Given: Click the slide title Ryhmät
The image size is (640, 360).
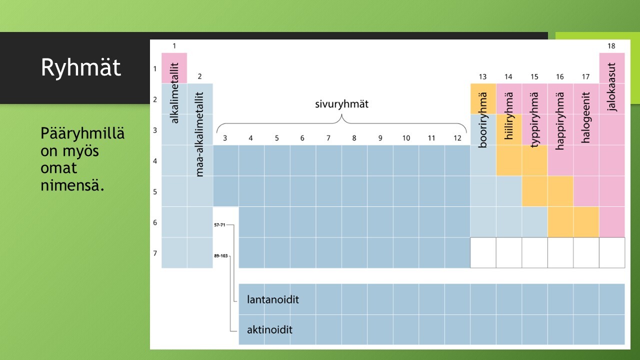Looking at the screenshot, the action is tap(81, 67).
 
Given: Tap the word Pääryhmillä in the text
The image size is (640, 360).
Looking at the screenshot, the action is tap(82, 133).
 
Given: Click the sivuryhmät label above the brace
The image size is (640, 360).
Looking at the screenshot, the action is tap(341, 104).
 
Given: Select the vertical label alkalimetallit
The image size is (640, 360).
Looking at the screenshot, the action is tap(174, 93).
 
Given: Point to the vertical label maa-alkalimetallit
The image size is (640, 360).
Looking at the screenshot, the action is tap(199, 134).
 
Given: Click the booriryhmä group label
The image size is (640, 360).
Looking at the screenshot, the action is tap(482, 119).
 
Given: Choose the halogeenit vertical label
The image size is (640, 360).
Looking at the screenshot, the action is tap(585, 117).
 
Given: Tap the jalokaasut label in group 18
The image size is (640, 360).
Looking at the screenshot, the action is tap(611, 87).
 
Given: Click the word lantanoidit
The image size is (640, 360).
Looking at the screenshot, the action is tap(273, 299).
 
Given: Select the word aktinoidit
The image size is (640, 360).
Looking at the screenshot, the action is tap(269, 330).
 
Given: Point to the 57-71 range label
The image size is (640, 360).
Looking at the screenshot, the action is tap(219, 225).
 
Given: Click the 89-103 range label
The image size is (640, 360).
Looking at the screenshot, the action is tap(221, 255).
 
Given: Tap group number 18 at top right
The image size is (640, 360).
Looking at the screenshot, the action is tap(611, 46).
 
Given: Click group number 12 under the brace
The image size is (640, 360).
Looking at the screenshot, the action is tap(457, 138).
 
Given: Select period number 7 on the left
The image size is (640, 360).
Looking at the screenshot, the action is tap(155, 253).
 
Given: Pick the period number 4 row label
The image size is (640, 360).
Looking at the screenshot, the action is tap(155, 161).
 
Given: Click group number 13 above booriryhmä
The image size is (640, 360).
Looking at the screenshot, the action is tap(482, 77).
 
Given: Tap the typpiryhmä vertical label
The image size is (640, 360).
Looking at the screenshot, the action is tap(534, 119).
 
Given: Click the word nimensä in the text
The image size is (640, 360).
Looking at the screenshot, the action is tap(72, 185).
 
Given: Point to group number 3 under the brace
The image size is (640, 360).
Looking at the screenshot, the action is tap(225, 138).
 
